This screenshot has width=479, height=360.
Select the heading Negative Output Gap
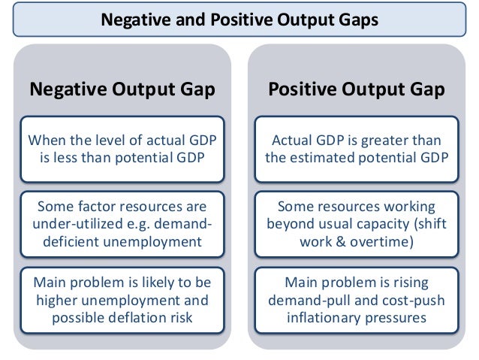click(122, 90)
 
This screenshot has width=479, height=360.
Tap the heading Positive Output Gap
click(357, 90)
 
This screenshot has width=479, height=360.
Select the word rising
click(410, 283)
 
